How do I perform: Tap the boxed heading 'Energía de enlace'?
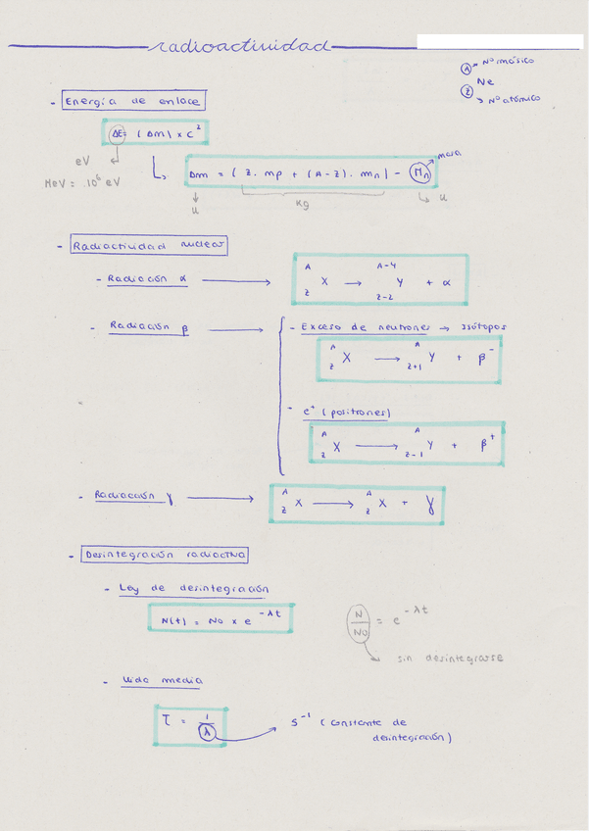(x=133, y=101)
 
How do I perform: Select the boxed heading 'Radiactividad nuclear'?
(x=149, y=247)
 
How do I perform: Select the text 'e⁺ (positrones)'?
(x=348, y=413)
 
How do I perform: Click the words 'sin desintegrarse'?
(x=451, y=659)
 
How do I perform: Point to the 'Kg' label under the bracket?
(x=303, y=204)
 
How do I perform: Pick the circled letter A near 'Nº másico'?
(x=467, y=68)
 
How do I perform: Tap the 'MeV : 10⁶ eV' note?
(x=82, y=182)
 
